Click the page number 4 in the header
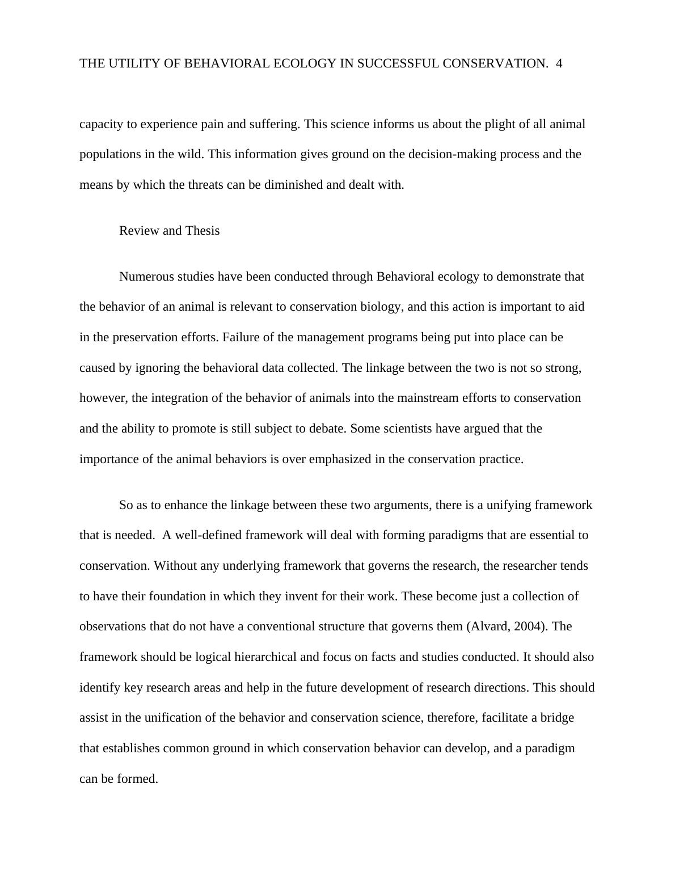coord(559,63)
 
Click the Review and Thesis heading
coord(169,231)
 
